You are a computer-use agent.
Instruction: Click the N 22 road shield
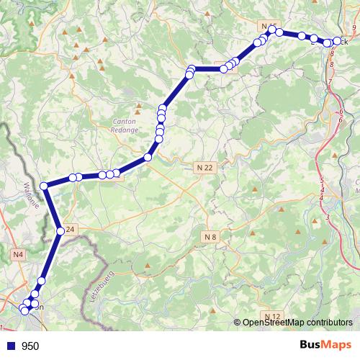[x=205, y=167]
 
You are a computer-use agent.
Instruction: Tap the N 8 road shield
[x=210, y=236]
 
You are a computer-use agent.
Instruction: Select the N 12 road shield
[x=272, y=317]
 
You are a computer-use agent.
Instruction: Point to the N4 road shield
[x=18, y=254]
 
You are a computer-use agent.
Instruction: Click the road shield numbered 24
[x=70, y=230]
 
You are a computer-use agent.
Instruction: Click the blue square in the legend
[x=10, y=346]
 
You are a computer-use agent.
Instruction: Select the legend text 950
[x=30, y=346]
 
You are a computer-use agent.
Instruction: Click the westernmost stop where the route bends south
[x=45, y=186]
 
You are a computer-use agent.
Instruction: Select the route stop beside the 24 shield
[x=60, y=231]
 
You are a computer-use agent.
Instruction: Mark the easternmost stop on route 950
[x=336, y=42]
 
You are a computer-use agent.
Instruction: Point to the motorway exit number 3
[x=328, y=216]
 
